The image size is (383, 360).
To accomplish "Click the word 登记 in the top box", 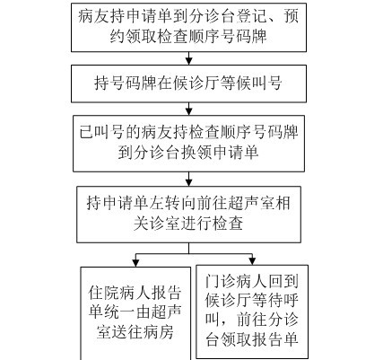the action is pos(251,16).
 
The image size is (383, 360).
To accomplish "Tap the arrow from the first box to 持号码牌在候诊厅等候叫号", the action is pos(188,58).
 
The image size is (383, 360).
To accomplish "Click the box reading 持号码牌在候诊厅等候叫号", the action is pos(188,83).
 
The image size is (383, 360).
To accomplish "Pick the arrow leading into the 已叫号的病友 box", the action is pos(188,109).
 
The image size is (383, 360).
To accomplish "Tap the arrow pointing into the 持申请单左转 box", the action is pos(188,179).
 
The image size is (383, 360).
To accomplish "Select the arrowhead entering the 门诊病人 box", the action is pos(252,261).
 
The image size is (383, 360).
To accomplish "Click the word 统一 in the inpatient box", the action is pos(119,312).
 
